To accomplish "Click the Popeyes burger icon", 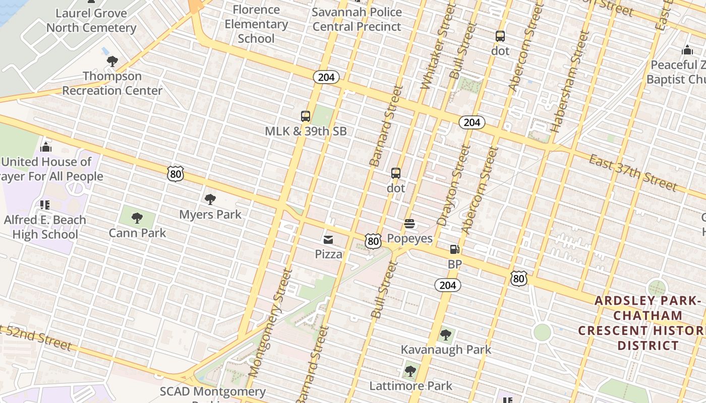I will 409,224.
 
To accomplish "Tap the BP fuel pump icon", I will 454,249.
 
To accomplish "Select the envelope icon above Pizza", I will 328,239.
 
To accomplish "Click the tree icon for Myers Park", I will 210,199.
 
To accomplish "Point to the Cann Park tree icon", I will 137,218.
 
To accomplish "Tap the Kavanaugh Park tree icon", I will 445,334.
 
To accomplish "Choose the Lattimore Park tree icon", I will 410,371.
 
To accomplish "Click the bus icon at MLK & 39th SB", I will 306,116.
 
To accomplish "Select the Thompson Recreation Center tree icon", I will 112,61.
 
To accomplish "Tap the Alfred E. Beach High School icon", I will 45,205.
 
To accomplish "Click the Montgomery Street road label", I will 271,323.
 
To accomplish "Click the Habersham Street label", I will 571,82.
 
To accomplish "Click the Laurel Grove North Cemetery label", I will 91,21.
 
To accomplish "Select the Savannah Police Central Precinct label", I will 357,19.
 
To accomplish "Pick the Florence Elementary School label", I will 256,24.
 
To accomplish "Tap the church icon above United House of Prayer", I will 46,147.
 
